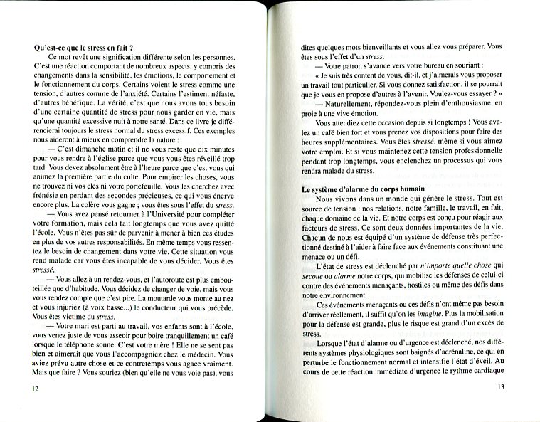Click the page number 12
tap(36, 389)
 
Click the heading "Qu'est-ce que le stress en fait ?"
tap(85, 48)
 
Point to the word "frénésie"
tap(48, 195)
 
